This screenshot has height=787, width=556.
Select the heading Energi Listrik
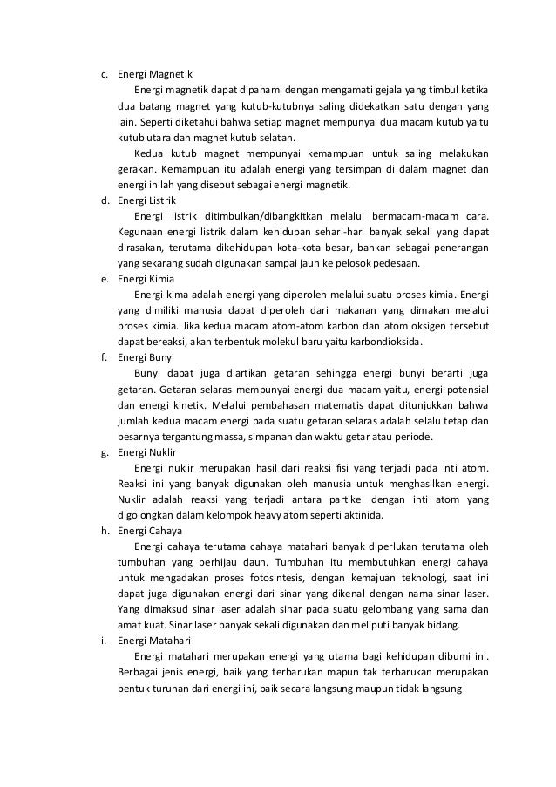[x=146, y=200]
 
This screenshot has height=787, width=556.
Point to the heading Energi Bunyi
[x=146, y=357]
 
